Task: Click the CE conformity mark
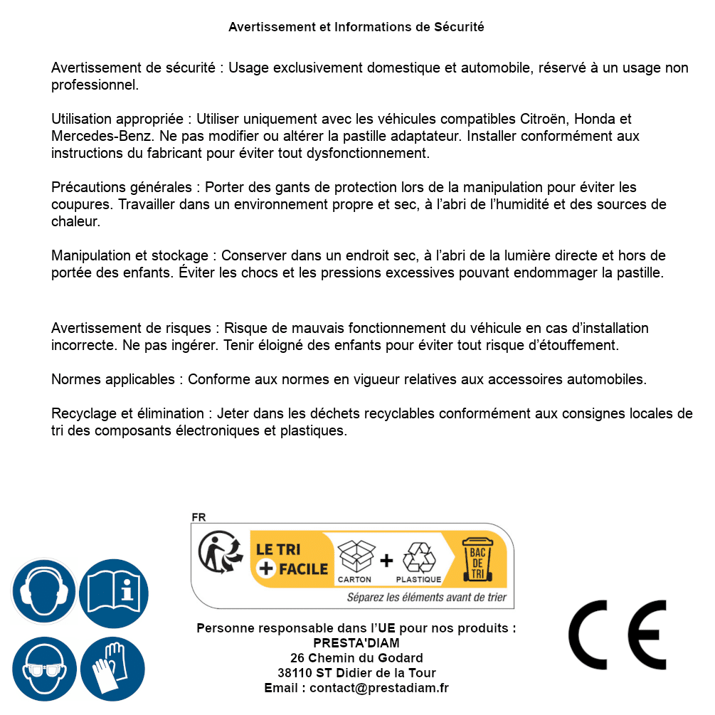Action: pos(617,635)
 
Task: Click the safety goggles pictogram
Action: pos(43,669)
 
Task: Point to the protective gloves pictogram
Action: pos(113,669)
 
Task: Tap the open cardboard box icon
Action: pos(356,557)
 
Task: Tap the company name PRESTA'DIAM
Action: pos(356,643)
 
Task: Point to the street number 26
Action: pos(297,658)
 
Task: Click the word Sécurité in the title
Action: pos(459,27)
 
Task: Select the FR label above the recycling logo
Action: pos(198,517)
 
